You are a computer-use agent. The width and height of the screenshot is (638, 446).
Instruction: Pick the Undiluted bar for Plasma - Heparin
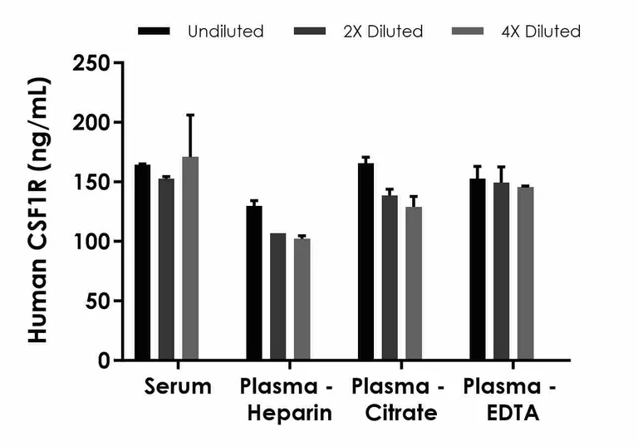(x=254, y=283)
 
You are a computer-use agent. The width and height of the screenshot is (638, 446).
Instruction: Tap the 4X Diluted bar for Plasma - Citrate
(x=414, y=283)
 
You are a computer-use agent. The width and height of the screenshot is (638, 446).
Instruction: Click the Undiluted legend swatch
(x=155, y=32)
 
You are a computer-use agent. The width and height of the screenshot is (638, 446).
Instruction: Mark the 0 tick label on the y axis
(x=102, y=360)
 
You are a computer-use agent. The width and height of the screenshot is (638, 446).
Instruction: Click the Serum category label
(x=178, y=387)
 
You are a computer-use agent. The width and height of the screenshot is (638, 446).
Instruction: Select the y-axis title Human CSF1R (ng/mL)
(x=38, y=211)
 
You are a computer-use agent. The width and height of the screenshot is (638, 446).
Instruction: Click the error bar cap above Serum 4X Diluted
(x=190, y=115)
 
